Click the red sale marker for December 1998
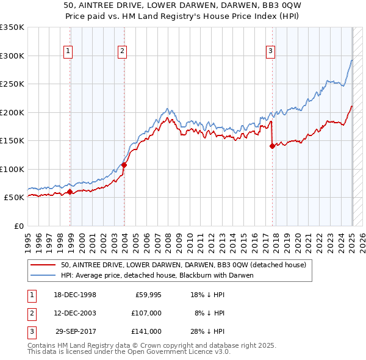[70, 192]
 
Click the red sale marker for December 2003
[124, 165]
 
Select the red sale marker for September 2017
[272, 146]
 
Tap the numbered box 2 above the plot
[122, 51]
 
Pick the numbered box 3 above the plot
[270, 51]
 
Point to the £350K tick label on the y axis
[12, 27]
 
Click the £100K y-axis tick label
[12, 169]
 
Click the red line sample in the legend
[43, 265]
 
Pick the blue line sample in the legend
[43, 275]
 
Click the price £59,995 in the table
[148, 295]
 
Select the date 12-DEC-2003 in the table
[75, 313]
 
